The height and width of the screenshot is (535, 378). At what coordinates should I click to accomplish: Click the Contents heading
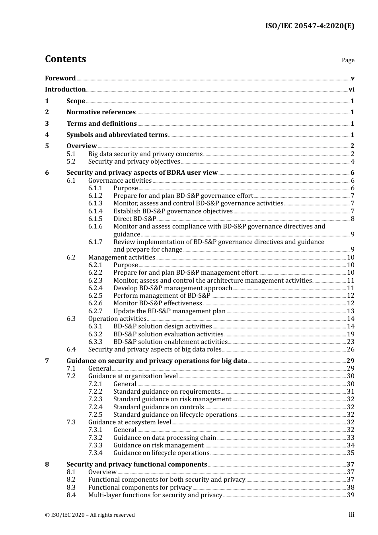[65, 59]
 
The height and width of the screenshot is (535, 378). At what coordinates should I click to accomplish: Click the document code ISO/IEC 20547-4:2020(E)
[310, 26]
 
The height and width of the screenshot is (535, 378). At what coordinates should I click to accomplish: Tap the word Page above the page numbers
[348, 60]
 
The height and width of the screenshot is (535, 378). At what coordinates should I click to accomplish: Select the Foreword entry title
[60, 78]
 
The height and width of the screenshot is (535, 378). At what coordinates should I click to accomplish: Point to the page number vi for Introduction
[351, 90]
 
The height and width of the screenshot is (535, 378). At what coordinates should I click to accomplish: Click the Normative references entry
[101, 112]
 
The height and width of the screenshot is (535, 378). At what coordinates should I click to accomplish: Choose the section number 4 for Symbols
[47, 135]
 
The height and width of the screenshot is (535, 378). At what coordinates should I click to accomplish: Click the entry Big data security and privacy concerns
[145, 154]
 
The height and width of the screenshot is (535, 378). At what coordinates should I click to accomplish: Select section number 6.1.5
[95, 219]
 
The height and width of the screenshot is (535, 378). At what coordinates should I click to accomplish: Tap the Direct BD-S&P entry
[134, 219]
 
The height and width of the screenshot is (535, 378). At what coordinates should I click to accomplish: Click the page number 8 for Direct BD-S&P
[353, 219]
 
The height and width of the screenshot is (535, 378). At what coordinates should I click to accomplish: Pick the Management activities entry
[121, 258]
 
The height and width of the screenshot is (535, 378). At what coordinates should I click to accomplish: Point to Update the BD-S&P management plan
[169, 311]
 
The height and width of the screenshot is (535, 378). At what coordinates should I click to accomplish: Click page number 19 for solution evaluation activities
[351, 334]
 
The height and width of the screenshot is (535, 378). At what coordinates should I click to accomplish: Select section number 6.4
[71, 350]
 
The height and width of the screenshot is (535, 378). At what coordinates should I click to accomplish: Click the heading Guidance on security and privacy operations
[157, 361]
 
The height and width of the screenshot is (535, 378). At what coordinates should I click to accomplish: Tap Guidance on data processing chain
[164, 438]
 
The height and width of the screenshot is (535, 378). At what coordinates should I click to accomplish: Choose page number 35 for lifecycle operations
[351, 453]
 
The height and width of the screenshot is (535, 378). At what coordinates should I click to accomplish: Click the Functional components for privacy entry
[140, 488]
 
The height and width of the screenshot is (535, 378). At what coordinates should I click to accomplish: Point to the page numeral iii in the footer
[351, 515]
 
